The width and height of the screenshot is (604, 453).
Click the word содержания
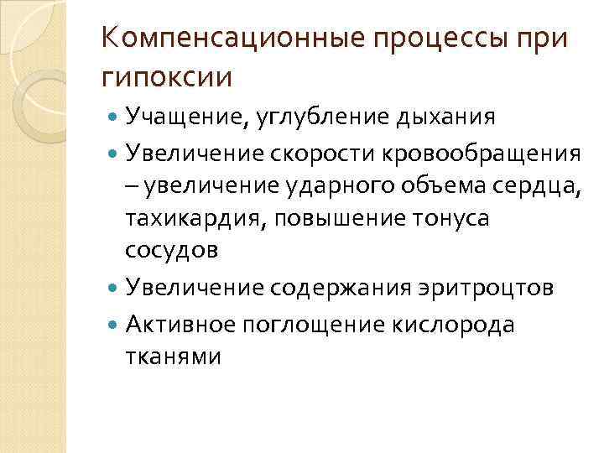[341, 288]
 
